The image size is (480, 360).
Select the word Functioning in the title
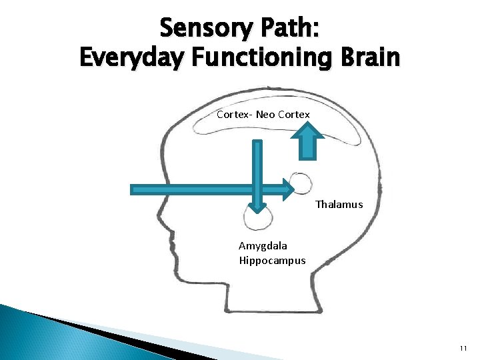[267, 58]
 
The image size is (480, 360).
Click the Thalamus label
[339, 205]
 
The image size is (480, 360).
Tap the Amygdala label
[263, 246]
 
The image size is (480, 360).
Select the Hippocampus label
[272, 260]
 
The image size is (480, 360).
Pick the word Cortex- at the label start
[234, 115]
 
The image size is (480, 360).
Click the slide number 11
[463, 349]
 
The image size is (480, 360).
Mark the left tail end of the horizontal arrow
[132, 190]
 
